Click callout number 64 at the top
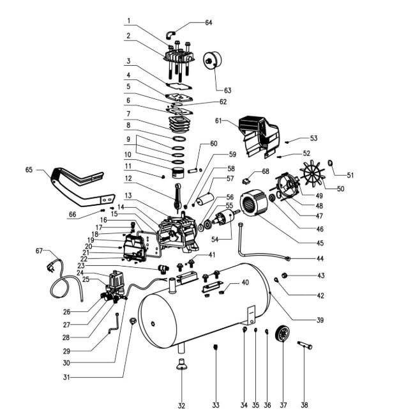208,23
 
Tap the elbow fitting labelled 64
170,33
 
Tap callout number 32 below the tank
182,405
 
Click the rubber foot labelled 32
182,365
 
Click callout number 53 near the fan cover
313,138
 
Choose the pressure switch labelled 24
115,280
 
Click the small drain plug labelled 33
216,347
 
